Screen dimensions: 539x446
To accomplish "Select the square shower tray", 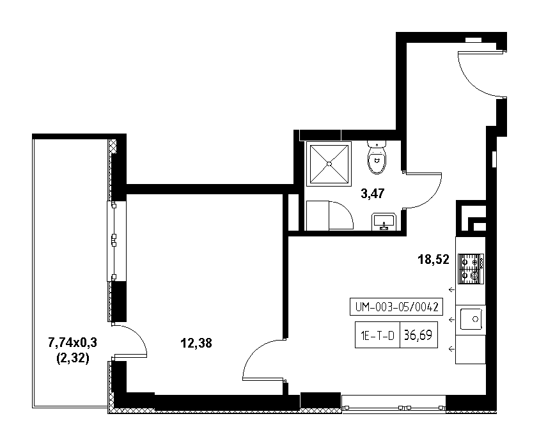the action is click(329, 164).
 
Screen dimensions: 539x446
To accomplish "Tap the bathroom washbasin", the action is click(384, 222).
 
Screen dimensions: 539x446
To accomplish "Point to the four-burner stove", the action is click(471, 269).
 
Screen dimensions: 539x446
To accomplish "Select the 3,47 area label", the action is click(373, 194).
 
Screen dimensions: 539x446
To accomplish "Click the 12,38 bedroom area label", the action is click(196, 343).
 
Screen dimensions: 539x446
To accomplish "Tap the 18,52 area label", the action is click(434, 259).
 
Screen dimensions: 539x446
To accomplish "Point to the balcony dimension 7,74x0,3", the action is click(72, 342).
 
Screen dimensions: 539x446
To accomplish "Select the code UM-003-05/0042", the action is click(396, 307).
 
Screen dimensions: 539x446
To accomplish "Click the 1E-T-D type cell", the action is click(377, 335).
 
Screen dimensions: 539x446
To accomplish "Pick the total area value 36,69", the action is click(418, 335).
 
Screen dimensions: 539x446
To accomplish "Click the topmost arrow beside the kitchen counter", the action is click(451, 289).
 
